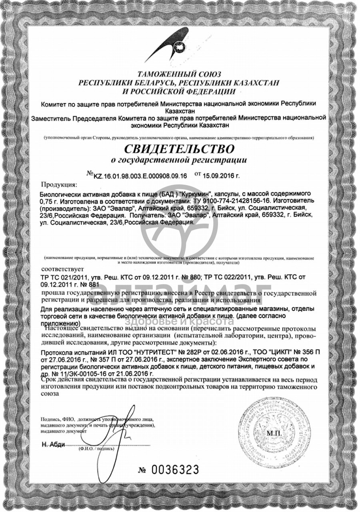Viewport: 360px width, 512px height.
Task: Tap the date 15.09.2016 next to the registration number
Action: (x=222, y=175)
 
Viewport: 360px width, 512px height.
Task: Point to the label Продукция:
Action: (x=58, y=185)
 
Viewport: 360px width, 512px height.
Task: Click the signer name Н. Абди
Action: (x=53, y=445)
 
